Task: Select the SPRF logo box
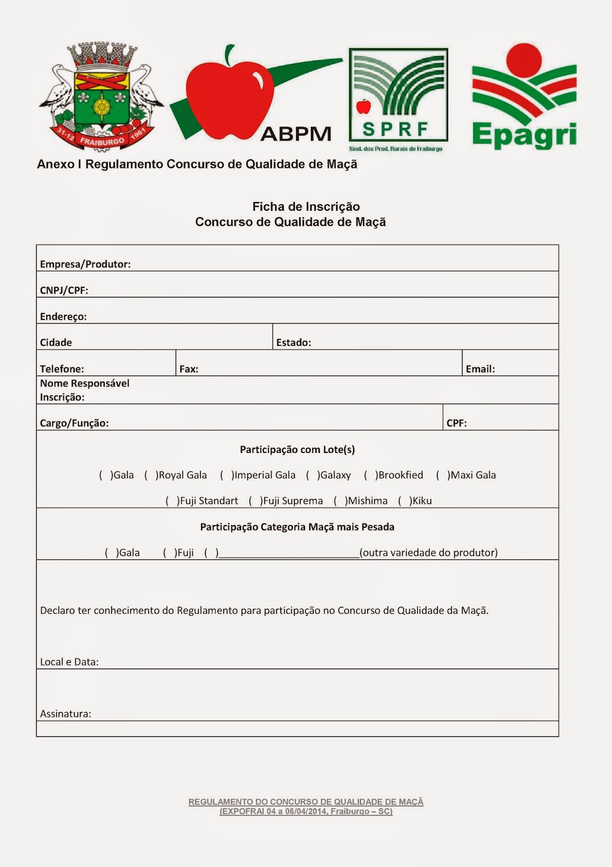(x=398, y=95)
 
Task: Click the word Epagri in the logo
(x=524, y=135)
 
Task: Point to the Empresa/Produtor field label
(x=85, y=264)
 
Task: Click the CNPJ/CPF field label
(x=64, y=290)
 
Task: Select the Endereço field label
(x=63, y=316)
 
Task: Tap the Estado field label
(x=294, y=342)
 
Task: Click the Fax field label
(x=188, y=369)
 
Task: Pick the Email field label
(x=480, y=369)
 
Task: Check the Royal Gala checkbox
(x=151, y=475)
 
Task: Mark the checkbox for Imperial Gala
(x=226, y=475)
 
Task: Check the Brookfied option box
(x=370, y=475)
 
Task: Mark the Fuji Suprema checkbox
(x=255, y=501)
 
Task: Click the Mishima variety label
(x=368, y=501)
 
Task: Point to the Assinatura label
(x=66, y=714)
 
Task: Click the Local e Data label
(x=69, y=662)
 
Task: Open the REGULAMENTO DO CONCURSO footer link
(x=306, y=802)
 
